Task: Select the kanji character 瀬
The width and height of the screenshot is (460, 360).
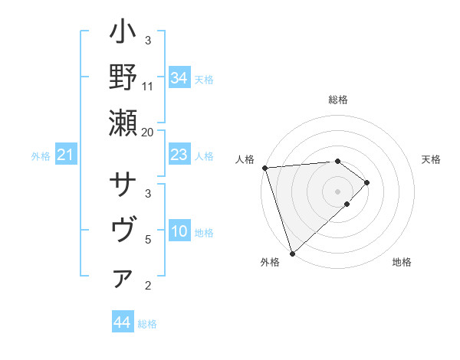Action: [x=123, y=123]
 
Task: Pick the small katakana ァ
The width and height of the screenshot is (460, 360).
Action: [x=123, y=280]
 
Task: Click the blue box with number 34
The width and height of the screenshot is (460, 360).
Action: [x=179, y=78]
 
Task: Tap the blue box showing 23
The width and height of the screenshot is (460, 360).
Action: [x=179, y=155]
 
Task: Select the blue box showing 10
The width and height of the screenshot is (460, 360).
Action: [x=179, y=232]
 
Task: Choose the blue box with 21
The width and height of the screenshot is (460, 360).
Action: [x=65, y=156]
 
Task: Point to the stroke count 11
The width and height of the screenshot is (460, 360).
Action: [x=148, y=86]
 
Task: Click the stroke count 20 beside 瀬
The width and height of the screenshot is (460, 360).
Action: [x=148, y=132]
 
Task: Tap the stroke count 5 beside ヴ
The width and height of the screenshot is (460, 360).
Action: [x=148, y=240]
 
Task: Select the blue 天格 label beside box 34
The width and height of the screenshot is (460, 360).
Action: [x=204, y=79]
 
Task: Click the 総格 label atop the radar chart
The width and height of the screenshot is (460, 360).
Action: [x=337, y=100]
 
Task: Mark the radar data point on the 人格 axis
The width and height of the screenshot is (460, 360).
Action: [x=264, y=168]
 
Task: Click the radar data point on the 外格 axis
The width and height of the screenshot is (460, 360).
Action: [x=292, y=252]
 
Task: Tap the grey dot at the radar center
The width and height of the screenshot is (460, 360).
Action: [x=337, y=191]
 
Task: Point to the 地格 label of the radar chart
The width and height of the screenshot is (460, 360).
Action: [x=402, y=262]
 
